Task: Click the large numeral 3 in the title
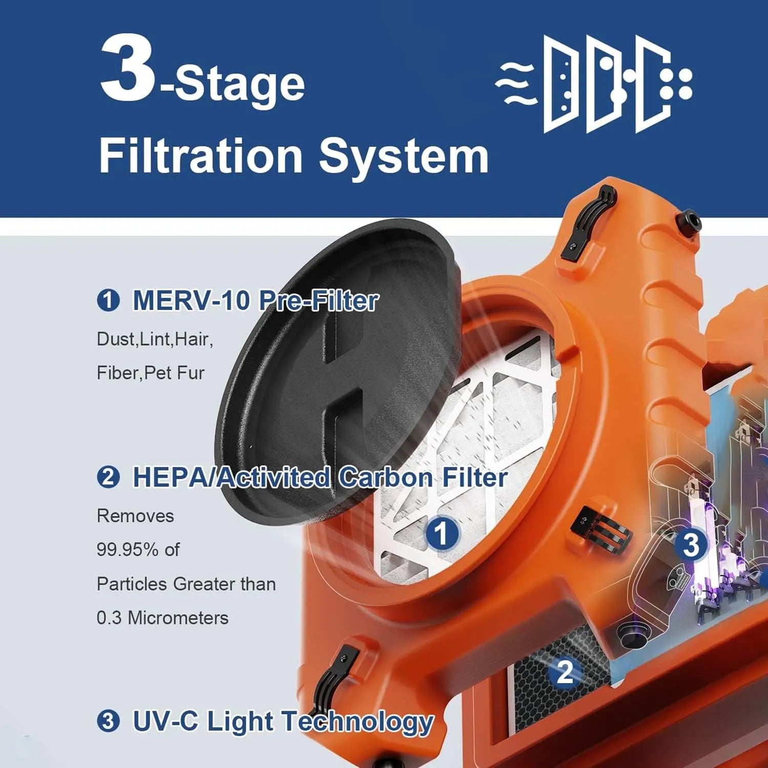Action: click(x=127, y=68)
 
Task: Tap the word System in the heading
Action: click(x=403, y=156)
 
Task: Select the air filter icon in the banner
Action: click(x=594, y=84)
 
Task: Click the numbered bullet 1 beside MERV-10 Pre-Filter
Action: click(x=108, y=301)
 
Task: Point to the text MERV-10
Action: click(x=190, y=301)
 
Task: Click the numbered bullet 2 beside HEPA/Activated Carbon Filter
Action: click(x=108, y=477)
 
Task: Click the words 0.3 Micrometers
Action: click(x=162, y=618)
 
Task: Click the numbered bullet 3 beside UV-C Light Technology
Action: click(x=108, y=721)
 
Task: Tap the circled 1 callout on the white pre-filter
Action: click(x=442, y=533)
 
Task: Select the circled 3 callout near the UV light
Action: click(x=691, y=545)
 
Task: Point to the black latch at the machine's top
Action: click(x=589, y=223)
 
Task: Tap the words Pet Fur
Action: click(x=175, y=373)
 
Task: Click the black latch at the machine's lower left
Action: click(x=333, y=676)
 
